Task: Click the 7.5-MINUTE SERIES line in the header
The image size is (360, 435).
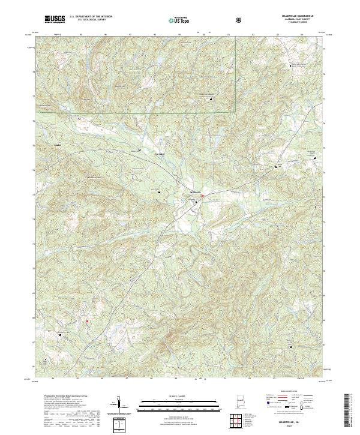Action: point(289,23)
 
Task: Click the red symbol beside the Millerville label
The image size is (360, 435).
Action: point(203,195)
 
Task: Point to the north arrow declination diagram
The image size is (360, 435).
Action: point(119,404)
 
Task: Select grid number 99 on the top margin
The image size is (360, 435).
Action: point(179,35)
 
